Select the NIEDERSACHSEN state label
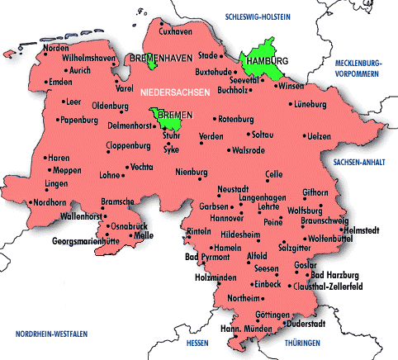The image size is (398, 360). pyautogui.click(x=174, y=92)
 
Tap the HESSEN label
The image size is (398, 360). pyautogui.click(x=198, y=342)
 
